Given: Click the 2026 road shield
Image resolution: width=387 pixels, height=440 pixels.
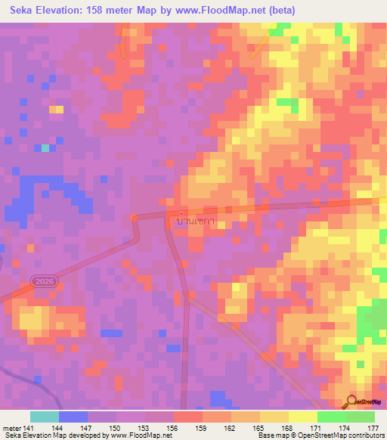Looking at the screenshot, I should (44, 281).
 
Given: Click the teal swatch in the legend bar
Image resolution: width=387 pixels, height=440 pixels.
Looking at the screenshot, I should (45, 417).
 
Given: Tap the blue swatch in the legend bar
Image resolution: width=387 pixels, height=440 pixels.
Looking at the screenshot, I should (73, 417).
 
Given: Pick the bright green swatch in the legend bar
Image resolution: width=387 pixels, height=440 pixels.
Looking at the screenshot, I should (332, 417).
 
